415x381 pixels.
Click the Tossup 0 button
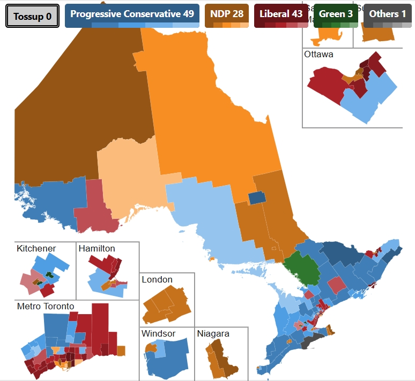(32, 17)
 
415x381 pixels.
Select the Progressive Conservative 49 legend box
(132, 14)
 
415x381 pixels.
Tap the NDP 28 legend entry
(227, 14)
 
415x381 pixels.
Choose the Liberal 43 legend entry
(281, 14)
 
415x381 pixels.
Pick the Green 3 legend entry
(336, 14)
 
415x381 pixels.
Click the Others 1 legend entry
(388, 14)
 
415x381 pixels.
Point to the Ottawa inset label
(318, 55)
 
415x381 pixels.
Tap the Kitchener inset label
(36, 249)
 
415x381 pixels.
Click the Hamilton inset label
(97, 249)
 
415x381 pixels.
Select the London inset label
(157, 280)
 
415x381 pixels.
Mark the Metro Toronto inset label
(46, 307)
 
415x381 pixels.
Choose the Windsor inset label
(158, 334)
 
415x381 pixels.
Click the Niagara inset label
(213, 334)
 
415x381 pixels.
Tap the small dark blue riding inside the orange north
(257, 198)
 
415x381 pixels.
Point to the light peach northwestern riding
(129, 177)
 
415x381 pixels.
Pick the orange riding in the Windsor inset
(151, 348)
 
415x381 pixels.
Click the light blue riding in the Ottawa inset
(370, 96)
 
